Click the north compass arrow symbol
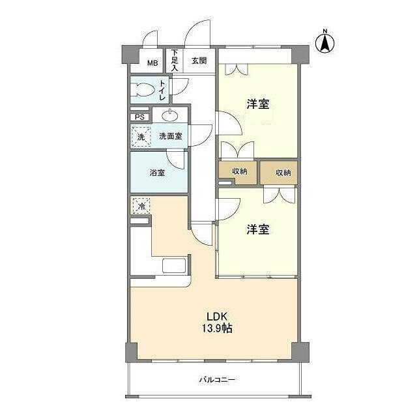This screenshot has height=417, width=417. point(324,44)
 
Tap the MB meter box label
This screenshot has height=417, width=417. point(152,63)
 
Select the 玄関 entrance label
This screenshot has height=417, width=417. point(199,61)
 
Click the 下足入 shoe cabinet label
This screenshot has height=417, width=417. point(175,60)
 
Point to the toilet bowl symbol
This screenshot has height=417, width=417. point(143,90)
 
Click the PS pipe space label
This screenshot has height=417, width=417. point(139,117)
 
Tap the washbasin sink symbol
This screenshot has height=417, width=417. point(169,115)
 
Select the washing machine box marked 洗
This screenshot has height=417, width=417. point(141,137)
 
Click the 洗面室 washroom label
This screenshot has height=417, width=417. point(171,136)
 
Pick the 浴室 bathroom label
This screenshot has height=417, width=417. point(157,173)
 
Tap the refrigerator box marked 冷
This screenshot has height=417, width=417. point(141,206)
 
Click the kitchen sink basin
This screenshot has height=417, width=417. point(174,265)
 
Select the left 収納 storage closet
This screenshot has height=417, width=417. point(238,172)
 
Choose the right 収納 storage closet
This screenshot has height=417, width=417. point(278,173)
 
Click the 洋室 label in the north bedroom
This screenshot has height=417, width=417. point(258,104)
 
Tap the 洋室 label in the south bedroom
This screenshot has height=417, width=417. point(258,229)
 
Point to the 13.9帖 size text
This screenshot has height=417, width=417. point(217,328)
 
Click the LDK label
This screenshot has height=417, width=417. point(217,317)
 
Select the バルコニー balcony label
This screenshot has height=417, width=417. point(217,379)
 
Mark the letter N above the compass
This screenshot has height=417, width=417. point(324,31)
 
